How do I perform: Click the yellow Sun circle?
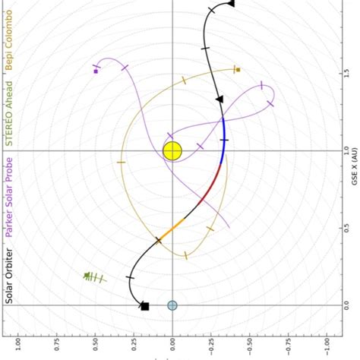coord(172,150)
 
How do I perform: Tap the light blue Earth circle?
coord(172,305)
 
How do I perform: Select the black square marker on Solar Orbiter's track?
coord(144,306)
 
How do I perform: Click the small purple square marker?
coord(96,71)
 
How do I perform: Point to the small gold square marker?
coord(238,70)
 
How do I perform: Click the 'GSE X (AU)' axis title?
coord(354,183)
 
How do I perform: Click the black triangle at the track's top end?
coord(231,4)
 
